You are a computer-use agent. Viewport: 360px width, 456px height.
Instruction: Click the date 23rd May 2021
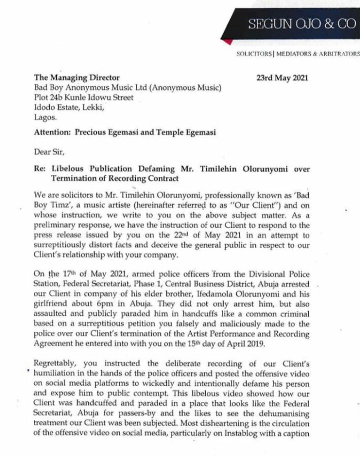[x=282, y=78]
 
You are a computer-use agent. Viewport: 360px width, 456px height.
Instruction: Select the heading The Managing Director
[x=77, y=78]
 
